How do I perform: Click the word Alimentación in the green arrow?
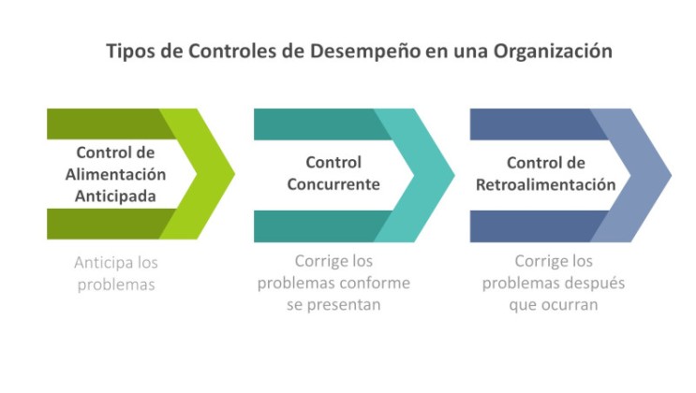click(115, 175)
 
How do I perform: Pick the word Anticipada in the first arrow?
click(115, 196)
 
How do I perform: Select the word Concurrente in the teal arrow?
click(333, 184)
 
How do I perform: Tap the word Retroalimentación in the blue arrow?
click(545, 184)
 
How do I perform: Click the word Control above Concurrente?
click(333, 163)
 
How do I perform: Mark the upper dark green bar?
click(103, 123)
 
